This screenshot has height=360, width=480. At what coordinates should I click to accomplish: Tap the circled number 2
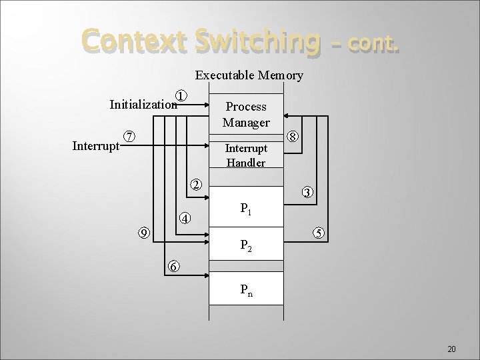point(195,184)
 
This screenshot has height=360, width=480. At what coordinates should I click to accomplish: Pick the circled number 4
point(185,218)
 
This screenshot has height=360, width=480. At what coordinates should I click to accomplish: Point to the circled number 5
point(319,233)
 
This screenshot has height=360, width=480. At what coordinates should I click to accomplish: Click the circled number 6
point(173,266)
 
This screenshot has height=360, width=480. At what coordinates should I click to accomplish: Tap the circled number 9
point(143,232)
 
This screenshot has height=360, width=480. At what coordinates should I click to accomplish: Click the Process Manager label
point(245,115)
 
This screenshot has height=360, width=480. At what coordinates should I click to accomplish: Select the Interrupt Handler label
point(245,155)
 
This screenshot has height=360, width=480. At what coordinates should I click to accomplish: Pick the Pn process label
point(245,290)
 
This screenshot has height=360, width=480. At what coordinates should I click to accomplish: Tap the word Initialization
point(143,105)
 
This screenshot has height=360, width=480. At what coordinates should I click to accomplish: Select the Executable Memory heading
point(249,75)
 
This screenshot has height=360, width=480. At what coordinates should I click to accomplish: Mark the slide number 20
point(451,349)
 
